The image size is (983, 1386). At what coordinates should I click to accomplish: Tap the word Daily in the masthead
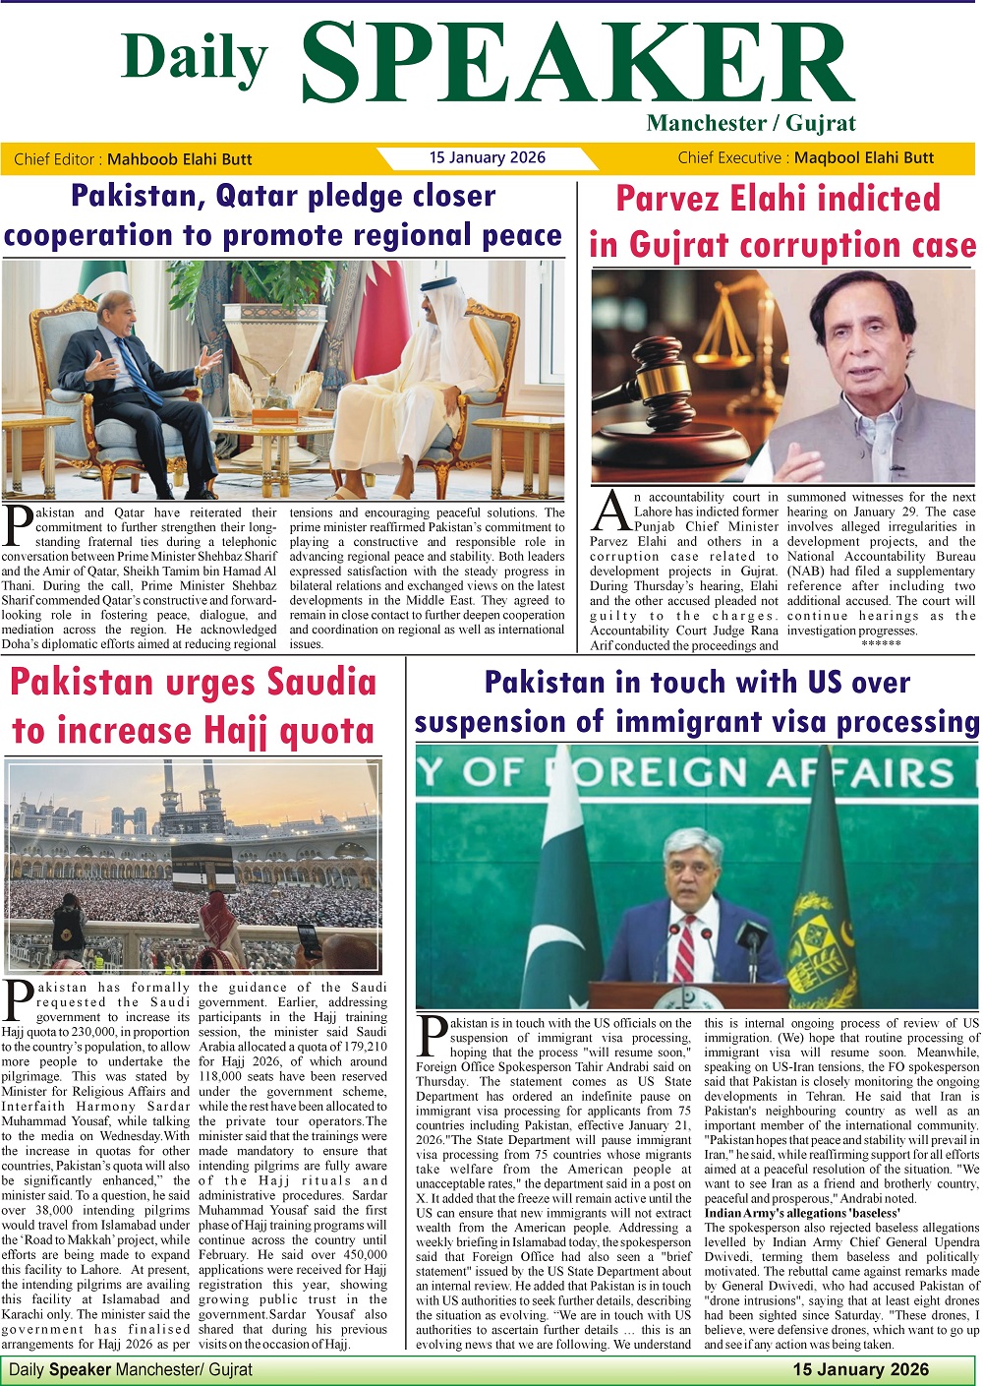point(195,58)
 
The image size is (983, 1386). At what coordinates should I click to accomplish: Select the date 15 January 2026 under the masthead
point(487,157)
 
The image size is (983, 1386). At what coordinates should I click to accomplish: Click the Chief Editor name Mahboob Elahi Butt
point(179,159)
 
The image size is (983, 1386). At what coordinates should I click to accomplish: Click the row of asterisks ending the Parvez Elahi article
point(880,644)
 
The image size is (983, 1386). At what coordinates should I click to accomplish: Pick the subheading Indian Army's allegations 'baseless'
point(802,1213)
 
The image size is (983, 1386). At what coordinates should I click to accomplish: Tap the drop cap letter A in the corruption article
point(611,511)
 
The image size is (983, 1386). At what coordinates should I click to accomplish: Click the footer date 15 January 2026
point(860,1369)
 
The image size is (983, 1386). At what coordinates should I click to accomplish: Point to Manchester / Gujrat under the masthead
point(751,124)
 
